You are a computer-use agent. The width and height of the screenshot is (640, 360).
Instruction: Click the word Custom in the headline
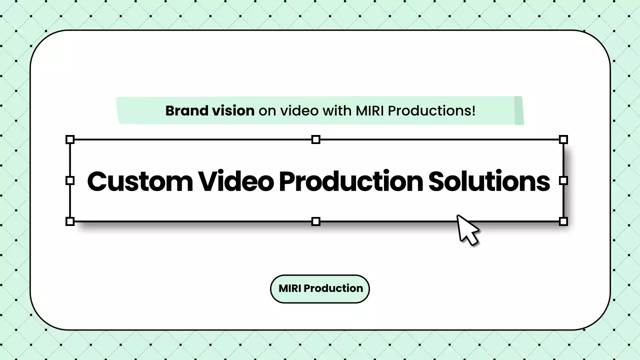tap(139, 181)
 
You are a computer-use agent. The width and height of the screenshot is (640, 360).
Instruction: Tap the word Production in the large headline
tap(350, 181)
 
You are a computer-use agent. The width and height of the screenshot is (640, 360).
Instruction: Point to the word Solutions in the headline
tap(489, 181)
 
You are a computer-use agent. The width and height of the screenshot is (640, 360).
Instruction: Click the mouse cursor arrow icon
tap(467, 229)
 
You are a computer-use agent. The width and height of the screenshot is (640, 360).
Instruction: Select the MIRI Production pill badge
tap(320, 288)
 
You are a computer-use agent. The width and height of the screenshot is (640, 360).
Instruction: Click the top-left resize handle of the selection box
tap(70, 139)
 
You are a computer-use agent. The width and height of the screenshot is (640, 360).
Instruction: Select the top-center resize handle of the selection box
tap(315, 139)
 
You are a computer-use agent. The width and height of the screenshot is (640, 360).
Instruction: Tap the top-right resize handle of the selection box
tap(563, 139)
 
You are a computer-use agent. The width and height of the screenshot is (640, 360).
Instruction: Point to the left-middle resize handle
tap(70, 180)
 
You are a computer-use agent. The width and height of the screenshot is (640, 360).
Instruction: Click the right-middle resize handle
tap(563, 180)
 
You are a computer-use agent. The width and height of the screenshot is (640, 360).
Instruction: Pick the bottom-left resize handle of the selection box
tap(70, 221)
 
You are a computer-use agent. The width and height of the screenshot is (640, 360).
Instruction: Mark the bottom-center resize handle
tap(315, 221)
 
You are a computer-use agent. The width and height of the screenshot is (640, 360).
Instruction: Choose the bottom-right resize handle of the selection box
tap(563, 221)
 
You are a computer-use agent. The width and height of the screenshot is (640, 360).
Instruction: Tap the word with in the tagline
tap(337, 110)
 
